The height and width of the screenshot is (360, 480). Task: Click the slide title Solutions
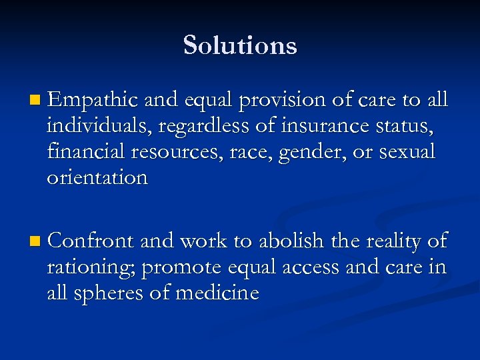pyautogui.click(x=240, y=45)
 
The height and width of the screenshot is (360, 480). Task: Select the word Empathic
pyautogui.click(x=93, y=100)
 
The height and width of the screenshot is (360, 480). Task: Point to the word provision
pyautogui.click(x=281, y=100)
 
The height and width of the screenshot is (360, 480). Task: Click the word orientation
pyautogui.click(x=97, y=178)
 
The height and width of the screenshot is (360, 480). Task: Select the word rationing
pyautogui.click(x=91, y=267)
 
